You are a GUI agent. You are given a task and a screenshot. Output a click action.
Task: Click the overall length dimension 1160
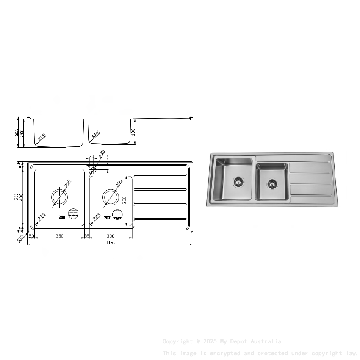pos(111,242)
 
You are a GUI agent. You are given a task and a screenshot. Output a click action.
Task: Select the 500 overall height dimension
pos(17,197)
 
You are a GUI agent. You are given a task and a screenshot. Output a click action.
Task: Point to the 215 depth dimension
pos(17,133)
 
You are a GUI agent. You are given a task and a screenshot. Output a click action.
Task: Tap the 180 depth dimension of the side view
pos(133,132)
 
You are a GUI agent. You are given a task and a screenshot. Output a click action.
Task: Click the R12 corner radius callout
pos(20,239)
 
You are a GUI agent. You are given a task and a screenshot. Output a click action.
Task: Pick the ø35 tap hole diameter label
pos(102,153)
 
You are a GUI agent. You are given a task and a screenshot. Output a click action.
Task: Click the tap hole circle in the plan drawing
pos(93,170)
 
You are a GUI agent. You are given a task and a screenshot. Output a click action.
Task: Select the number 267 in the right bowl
pos(107,218)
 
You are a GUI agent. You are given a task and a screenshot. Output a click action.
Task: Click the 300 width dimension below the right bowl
pos(111,236)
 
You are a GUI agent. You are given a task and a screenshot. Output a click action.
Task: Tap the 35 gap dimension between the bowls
pos(87,236)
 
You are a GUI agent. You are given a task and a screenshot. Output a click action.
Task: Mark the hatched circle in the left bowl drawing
pos(74,214)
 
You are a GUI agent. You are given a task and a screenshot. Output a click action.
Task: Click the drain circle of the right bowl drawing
pos(111,196)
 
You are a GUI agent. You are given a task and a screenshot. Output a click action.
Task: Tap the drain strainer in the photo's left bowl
pos(238,182)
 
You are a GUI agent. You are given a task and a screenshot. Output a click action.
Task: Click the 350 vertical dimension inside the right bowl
pos(125,200)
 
